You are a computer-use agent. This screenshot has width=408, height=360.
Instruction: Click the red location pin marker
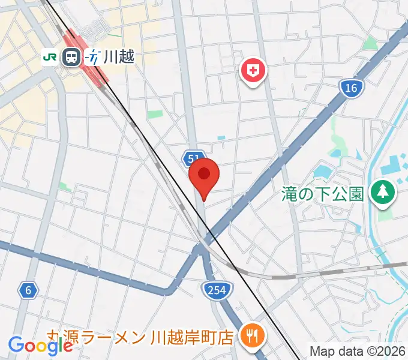pos(204,175)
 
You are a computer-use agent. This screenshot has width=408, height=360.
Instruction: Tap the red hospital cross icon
pos(254,71)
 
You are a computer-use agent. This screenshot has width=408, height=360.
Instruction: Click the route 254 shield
pos(215,290)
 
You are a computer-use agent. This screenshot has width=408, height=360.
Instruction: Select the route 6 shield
pos(28,291)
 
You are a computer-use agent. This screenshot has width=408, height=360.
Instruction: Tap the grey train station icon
pos(72,57)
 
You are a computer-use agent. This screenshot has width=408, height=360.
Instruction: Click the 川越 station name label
pos(118,57)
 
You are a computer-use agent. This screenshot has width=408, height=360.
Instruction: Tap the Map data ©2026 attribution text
pos(358,350)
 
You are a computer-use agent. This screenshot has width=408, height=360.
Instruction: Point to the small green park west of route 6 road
pos(65,187)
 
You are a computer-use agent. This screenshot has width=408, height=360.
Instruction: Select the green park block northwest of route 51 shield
pos(155,114)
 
